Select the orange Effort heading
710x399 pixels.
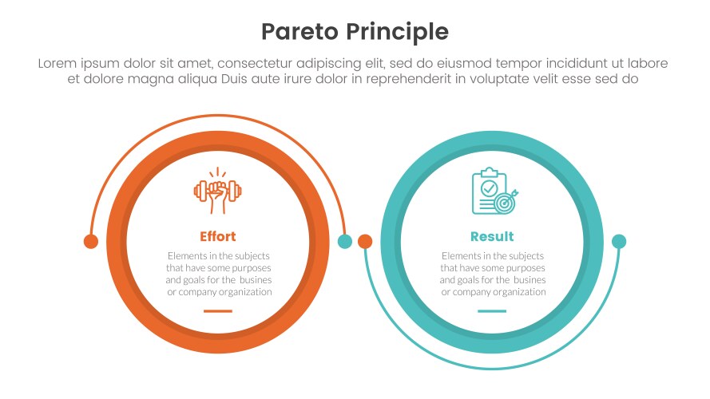pos(217,237)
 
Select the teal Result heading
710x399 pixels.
pos(492,237)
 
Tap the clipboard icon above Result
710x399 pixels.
pos(487,190)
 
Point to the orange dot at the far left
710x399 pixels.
pos(91,241)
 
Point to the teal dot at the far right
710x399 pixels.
pos(619,241)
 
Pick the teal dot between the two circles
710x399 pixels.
pos(345,241)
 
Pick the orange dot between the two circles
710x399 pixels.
pos(365,241)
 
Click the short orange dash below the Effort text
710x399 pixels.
pos(217,311)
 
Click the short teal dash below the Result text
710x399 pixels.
pos(492,311)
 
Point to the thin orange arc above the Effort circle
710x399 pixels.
pos(217,119)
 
